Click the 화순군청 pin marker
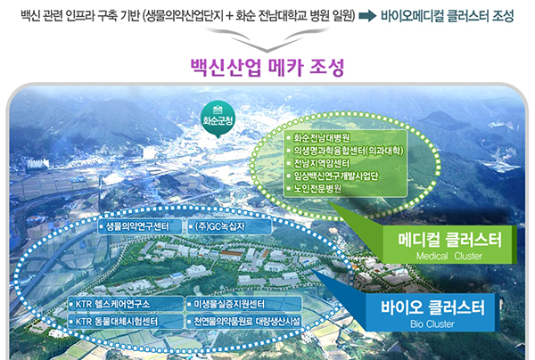click(x=218, y=119)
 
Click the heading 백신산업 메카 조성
click(x=267, y=68)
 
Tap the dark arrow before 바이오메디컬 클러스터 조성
click(x=367, y=16)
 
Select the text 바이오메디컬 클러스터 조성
click(x=448, y=16)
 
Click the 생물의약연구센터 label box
click(x=140, y=226)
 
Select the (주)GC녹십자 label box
click(x=230, y=226)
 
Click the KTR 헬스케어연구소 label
click(x=126, y=304)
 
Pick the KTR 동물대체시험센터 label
click(x=126, y=321)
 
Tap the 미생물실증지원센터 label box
click(x=243, y=304)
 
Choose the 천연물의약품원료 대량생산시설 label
click(x=243, y=321)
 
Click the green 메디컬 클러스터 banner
click(x=449, y=244)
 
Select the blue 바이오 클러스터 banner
click(x=432, y=312)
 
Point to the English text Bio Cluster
click(x=432, y=323)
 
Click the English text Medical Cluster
click(x=449, y=256)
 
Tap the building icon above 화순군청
click(x=218, y=110)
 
